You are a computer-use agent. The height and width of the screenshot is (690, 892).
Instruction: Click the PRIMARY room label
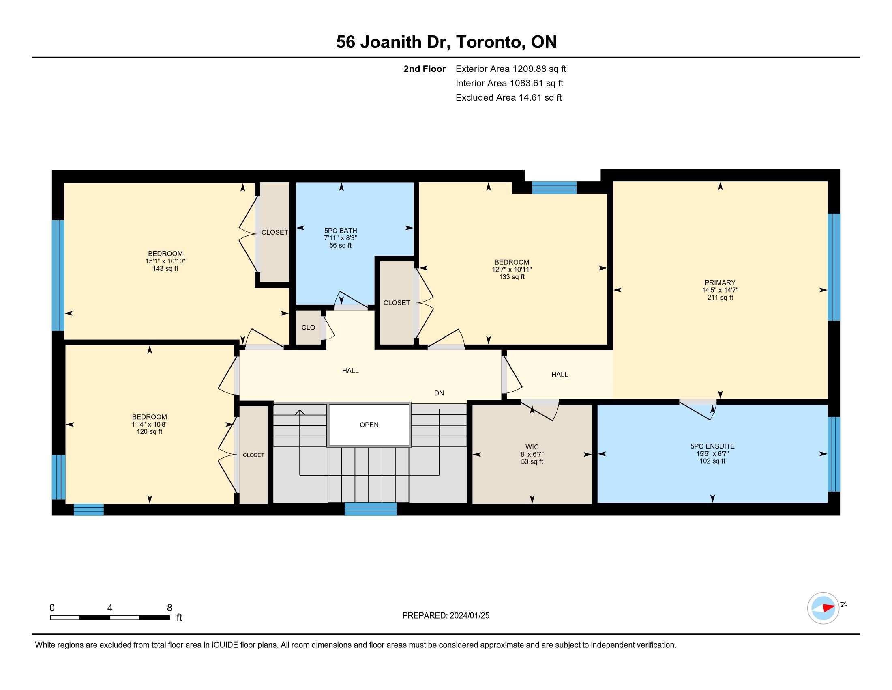[720, 282]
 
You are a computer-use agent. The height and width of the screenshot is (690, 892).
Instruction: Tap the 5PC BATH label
[341, 231]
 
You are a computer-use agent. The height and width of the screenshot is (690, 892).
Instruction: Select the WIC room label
[532, 447]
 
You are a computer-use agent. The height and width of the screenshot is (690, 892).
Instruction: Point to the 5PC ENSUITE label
[712, 446]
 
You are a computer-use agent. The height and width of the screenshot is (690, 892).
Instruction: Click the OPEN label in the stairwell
[369, 425]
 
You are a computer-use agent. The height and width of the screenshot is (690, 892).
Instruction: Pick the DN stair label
[439, 393]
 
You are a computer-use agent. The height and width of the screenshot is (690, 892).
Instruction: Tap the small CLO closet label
[309, 328]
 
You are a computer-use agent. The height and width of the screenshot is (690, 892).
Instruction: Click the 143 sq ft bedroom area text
[165, 269]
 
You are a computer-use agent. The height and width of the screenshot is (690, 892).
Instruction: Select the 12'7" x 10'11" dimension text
[512, 270]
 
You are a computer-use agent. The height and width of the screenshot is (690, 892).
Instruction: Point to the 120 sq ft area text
[150, 432]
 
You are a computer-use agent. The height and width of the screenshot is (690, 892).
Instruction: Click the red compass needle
[829, 608]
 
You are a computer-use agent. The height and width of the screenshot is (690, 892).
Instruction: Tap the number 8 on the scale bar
[169, 608]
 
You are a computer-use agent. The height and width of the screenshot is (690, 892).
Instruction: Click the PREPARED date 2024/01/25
[469, 616]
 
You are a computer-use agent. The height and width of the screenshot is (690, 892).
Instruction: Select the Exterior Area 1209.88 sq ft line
[511, 69]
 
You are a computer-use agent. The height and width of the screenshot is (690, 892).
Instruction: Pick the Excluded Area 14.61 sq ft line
[509, 97]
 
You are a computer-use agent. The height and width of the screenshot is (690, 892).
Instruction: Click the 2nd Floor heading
[425, 69]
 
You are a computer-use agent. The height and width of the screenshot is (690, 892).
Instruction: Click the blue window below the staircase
[371, 509]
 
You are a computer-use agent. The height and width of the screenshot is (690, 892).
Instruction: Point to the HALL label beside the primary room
[560, 375]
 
